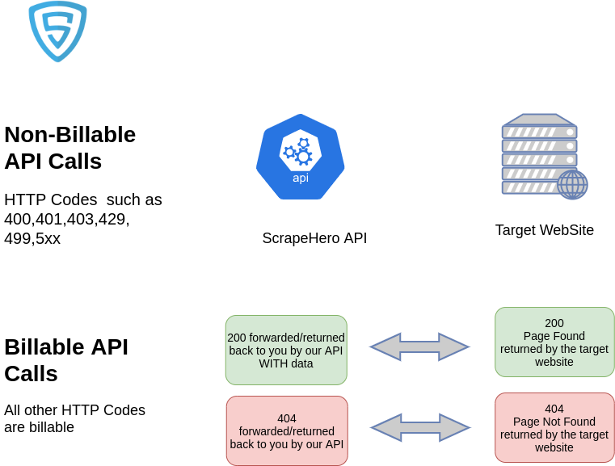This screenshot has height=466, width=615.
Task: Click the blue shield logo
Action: tap(57, 31)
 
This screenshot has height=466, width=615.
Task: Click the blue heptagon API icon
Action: tap(301, 157)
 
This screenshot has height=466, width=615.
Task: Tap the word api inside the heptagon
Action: tap(301, 178)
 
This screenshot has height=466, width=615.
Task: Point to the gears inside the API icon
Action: tap(298, 152)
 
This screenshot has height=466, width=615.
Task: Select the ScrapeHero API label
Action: tap(314, 238)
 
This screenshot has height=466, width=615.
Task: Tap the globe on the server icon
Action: tap(572, 185)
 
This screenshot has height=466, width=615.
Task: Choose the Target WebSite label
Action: tap(545, 230)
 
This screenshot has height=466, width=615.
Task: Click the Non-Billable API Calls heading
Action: tap(70, 148)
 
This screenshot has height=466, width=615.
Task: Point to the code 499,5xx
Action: tap(32, 238)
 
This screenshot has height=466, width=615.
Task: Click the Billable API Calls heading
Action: tap(66, 360)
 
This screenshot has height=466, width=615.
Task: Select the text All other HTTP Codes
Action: tap(74, 410)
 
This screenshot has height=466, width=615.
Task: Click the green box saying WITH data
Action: tap(286, 350)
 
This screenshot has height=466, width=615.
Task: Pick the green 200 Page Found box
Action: tap(554, 342)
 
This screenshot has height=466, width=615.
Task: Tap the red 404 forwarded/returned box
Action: tap(287, 430)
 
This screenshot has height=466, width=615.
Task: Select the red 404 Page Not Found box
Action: tap(554, 428)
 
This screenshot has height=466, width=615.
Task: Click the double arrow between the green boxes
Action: tap(419, 346)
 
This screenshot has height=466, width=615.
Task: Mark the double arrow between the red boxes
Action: tap(420, 427)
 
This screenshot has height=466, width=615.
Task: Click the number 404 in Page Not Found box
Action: tap(554, 409)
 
